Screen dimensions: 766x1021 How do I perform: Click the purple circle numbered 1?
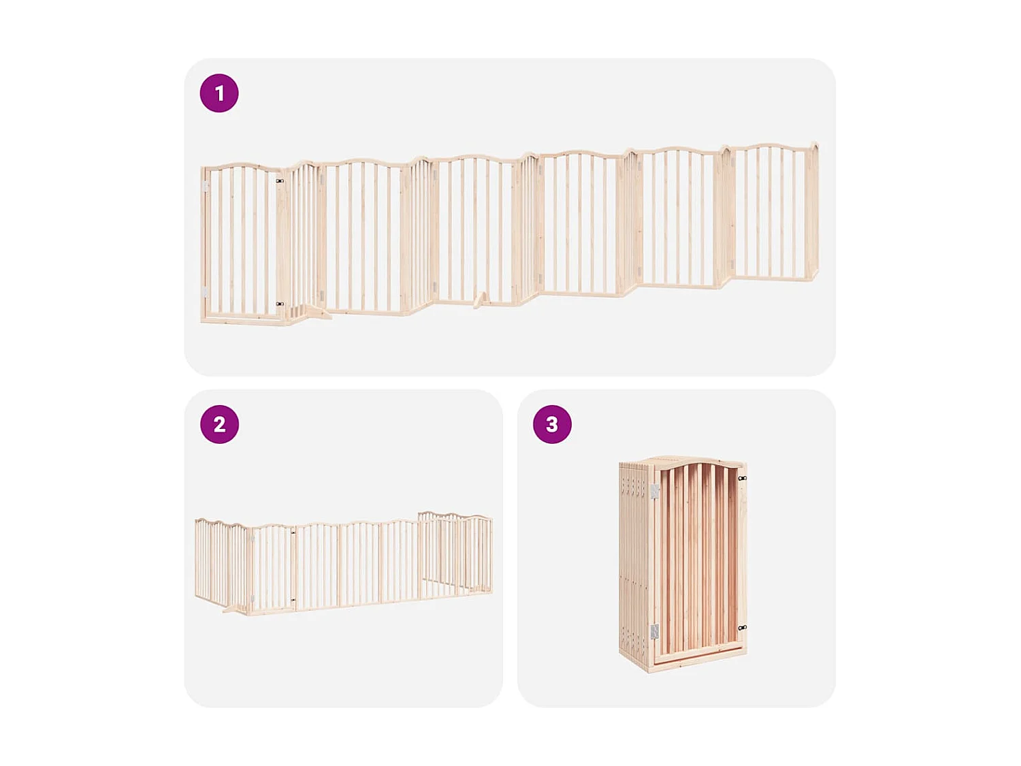point(219,93)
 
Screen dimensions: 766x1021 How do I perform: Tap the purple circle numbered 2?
point(219,424)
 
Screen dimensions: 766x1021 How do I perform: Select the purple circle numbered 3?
point(552,424)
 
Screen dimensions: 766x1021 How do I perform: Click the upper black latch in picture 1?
point(280,181)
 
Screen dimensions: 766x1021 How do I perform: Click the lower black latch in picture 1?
point(280,304)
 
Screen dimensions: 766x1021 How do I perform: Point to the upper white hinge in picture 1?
point(206,186)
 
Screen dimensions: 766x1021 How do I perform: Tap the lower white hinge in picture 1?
point(204,291)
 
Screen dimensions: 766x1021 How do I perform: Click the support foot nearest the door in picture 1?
point(317,313)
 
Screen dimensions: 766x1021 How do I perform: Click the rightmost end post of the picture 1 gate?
point(814,211)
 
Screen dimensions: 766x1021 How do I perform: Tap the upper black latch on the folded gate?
point(743,479)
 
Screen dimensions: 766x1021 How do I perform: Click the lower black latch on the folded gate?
point(743,627)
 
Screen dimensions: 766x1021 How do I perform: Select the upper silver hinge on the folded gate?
point(655,491)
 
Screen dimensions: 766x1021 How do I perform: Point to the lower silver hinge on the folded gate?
point(654,632)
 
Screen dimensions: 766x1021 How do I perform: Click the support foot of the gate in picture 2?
point(236,608)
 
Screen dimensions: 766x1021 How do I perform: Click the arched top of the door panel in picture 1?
point(242,167)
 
